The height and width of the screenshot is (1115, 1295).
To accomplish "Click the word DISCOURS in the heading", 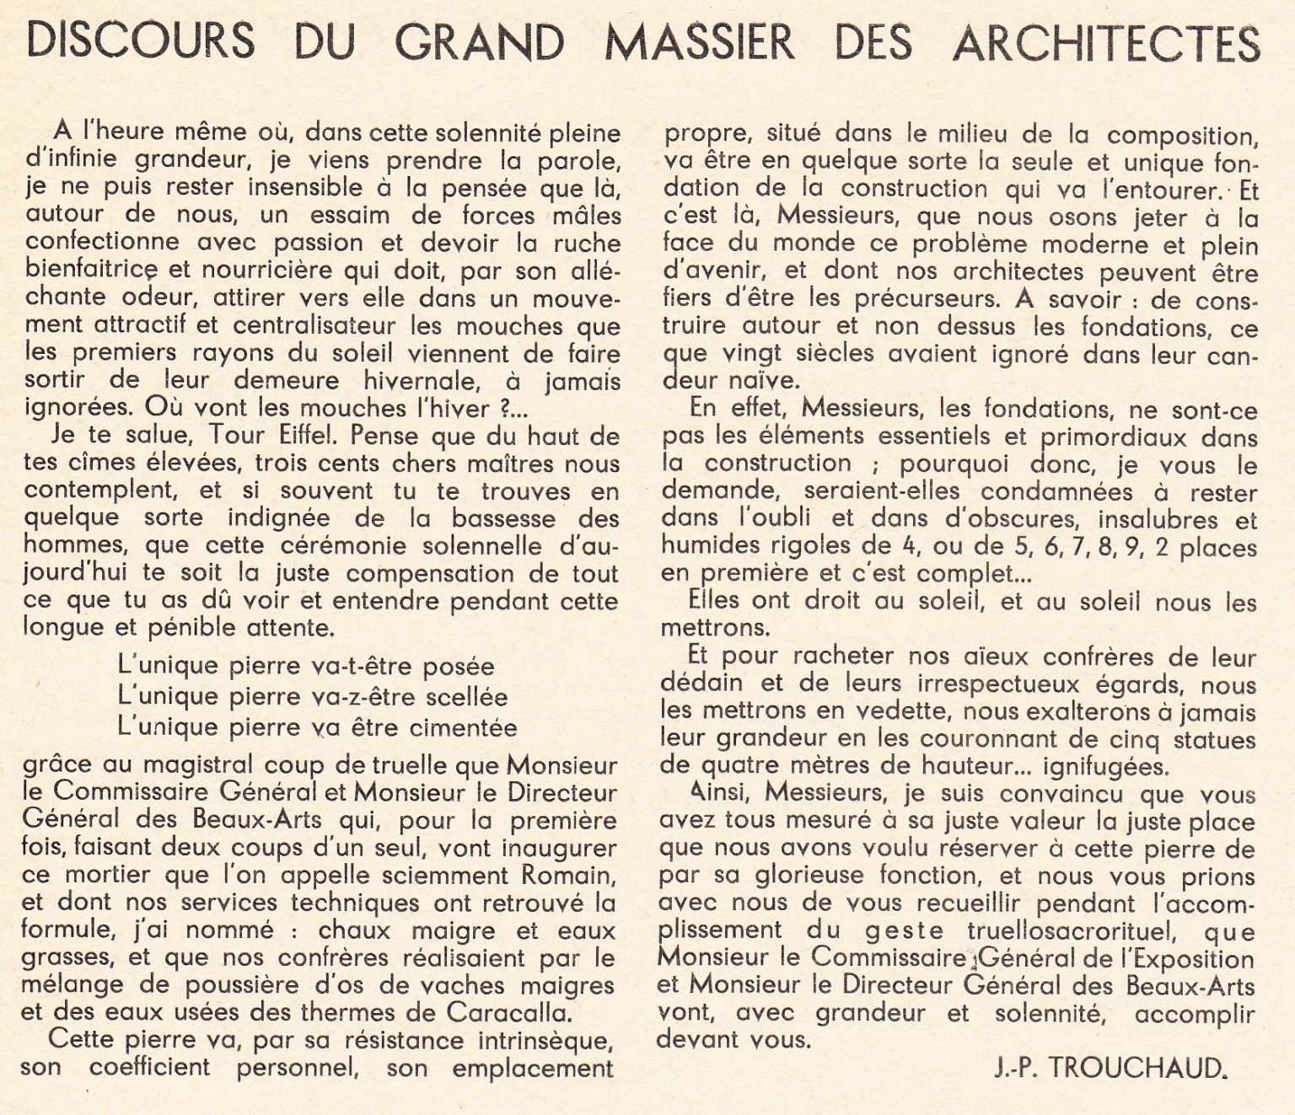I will [x=140, y=40].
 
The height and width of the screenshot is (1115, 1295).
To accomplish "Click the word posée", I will [x=459, y=666].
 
